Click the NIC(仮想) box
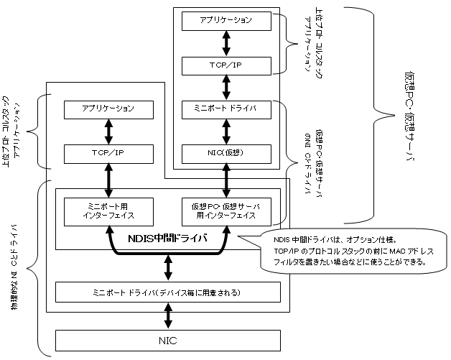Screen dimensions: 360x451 coord(226,152)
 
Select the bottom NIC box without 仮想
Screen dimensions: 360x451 coord(167,339)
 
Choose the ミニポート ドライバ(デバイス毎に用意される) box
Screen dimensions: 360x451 coord(167,292)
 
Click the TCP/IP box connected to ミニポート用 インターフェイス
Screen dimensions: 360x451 coord(109,152)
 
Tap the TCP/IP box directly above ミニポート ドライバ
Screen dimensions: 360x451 coord(226,66)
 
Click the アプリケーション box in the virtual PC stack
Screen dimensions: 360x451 coord(226,20)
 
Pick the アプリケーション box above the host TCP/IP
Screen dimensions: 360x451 coord(109,110)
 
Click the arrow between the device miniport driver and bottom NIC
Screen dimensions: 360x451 coord(167,315)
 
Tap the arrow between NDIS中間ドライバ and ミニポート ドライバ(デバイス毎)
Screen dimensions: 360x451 coord(167,267)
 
